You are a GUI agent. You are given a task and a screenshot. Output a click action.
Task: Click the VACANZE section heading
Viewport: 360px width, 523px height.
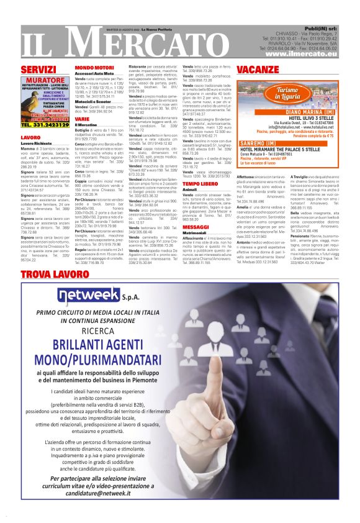[257, 69]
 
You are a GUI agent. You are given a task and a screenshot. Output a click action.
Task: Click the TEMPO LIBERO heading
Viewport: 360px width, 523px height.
[200, 166]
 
